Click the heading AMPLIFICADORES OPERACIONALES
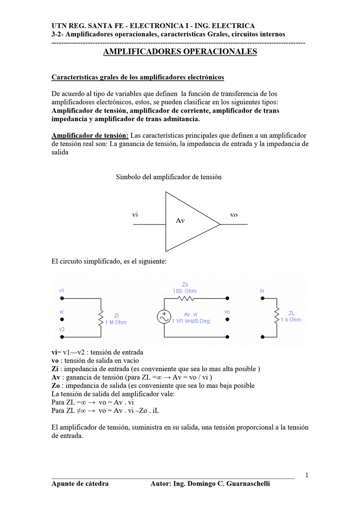[x=180, y=52]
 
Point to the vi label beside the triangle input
[x=135, y=215]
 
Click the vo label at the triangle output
[x=234, y=215]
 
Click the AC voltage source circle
[x=163, y=317]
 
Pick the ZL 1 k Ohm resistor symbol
[x=276, y=316]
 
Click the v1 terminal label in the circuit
[x=62, y=290]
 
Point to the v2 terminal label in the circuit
[x=62, y=330]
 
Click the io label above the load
[x=262, y=290]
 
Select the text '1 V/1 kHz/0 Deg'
[x=191, y=321]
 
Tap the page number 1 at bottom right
[x=307, y=475]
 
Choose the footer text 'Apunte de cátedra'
[x=80, y=484]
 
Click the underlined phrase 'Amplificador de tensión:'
[x=90, y=136]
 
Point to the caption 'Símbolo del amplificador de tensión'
[x=169, y=177]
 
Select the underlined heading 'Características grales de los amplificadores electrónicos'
[x=138, y=78]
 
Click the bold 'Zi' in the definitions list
[x=55, y=369]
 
